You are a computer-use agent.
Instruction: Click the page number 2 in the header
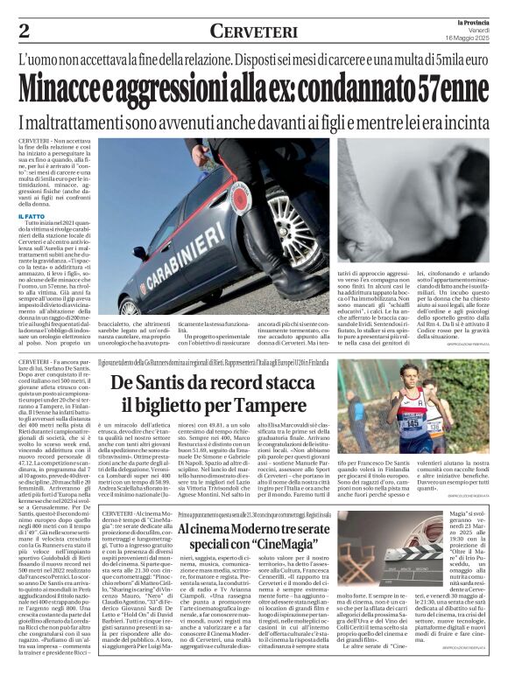[24, 31]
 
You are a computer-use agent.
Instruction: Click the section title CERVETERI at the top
[252, 31]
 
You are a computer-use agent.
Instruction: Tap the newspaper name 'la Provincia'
[473, 20]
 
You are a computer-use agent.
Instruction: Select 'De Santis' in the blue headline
[154, 382]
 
